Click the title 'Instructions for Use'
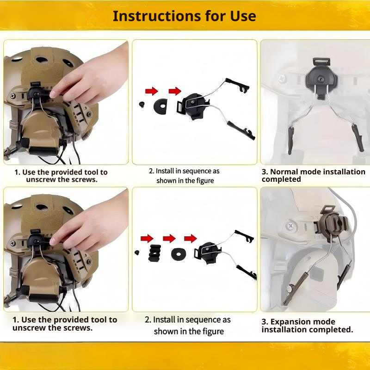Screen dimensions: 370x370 click(x=184, y=16)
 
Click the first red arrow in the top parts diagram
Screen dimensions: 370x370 click(x=151, y=91)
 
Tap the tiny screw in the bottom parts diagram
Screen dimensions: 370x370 click(x=137, y=253)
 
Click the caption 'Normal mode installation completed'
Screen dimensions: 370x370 click(x=313, y=175)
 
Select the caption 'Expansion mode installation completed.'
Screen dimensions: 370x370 click(x=307, y=326)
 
